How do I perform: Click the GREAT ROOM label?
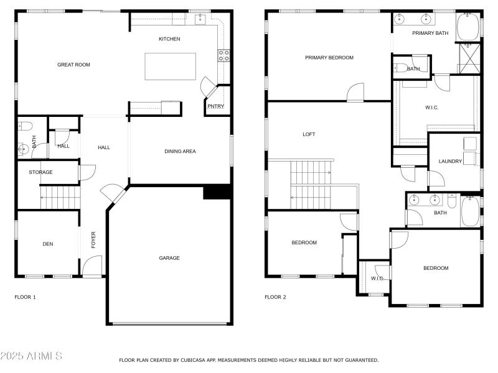pyautogui.click(x=73, y=65)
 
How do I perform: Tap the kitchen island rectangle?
pyautogui.click(x=170, y=67)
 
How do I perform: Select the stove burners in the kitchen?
pyautogui.click(x=223, y=56)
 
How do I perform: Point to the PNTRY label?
pyautogui.click(x=215, y=106)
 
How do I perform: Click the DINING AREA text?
pyautogui.click(x=180, y=151)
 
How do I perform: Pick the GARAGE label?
pyautogui.click(x=169, y=258)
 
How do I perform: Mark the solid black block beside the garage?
pyautogui.click(x=217, y=192)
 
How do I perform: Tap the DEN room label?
pyautogui.click(x=48, y=244)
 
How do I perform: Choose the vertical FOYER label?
pyautogui.click(x=94, y=240)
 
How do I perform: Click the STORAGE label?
pyautogui.click(x=40, y=172)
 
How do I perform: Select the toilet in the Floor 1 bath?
pyautogui.click(x=24, y=126)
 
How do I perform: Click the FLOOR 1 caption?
pyautogui.click(x=25, y=297)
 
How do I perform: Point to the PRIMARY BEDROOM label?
pyautogui.click(x=329, y=58)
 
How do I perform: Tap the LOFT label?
pyautogui.click(x=309, y=134)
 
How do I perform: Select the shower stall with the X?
pyautogui.click(x=468, y=59)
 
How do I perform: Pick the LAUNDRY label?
pyautogui.click(x=450, y=162)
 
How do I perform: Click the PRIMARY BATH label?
pyautogui.click(x=430, y=33)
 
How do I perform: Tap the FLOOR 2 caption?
pyautogui.click(x=275, y=297)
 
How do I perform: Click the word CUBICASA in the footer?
pyautogui.click(x=193, y=360)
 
